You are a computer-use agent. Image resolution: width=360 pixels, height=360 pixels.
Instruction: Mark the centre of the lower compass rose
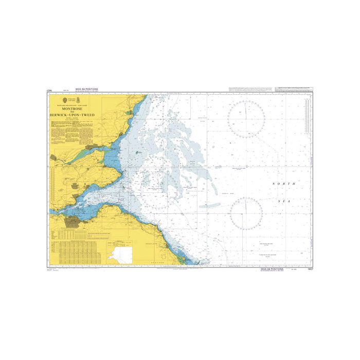tap(246, 213)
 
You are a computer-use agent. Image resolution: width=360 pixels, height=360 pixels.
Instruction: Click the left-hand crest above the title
tap(65, 100)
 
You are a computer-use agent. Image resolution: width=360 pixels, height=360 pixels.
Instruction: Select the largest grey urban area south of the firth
tap(73, 222)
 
